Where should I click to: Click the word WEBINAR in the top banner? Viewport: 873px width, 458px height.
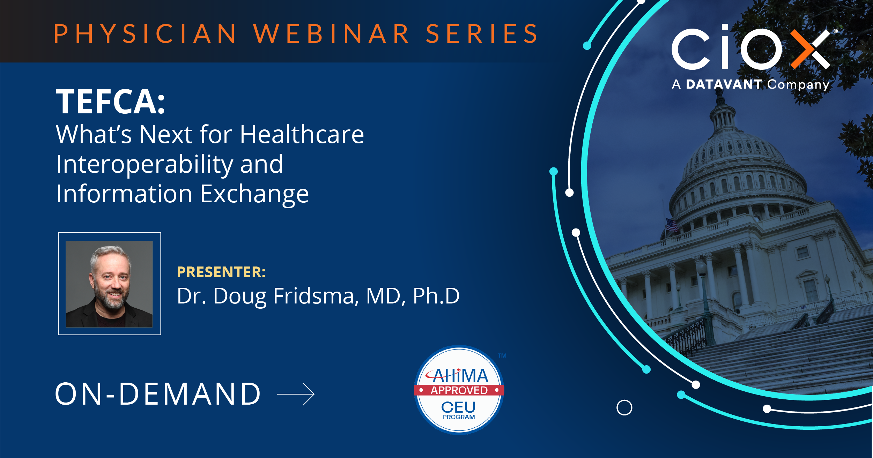[x=331, y=34]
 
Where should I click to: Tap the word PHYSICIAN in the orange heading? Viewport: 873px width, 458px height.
[x=145, y=34]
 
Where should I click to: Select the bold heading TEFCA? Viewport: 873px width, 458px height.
[x=110, y=102]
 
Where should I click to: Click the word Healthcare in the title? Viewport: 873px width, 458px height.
[x=302, y=135]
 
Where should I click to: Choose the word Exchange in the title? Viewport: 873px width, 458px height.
[x=254, y=194]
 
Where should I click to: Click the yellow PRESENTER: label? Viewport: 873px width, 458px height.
[x=221, y=272]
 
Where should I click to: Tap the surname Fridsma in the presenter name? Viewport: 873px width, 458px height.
[x=316, y=296]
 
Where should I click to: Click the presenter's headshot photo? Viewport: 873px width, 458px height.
[x=109, y=284]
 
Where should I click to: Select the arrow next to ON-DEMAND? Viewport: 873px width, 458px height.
[x=296, y=394]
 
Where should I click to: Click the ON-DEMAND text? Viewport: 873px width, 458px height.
[x=158, y=394]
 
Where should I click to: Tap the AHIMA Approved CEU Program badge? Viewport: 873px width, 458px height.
[x=459, y=390]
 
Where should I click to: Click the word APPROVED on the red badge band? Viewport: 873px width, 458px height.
[x=459, y=390]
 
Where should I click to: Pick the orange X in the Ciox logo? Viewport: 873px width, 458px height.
[x=810, y=49]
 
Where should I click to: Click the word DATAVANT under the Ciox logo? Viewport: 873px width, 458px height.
[x=724, y=84]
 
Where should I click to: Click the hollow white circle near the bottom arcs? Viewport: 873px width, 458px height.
[x=624, y=407]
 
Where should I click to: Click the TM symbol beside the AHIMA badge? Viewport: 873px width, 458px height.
[x=502, y=356]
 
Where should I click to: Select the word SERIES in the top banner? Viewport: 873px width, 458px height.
[x=482, y=34]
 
